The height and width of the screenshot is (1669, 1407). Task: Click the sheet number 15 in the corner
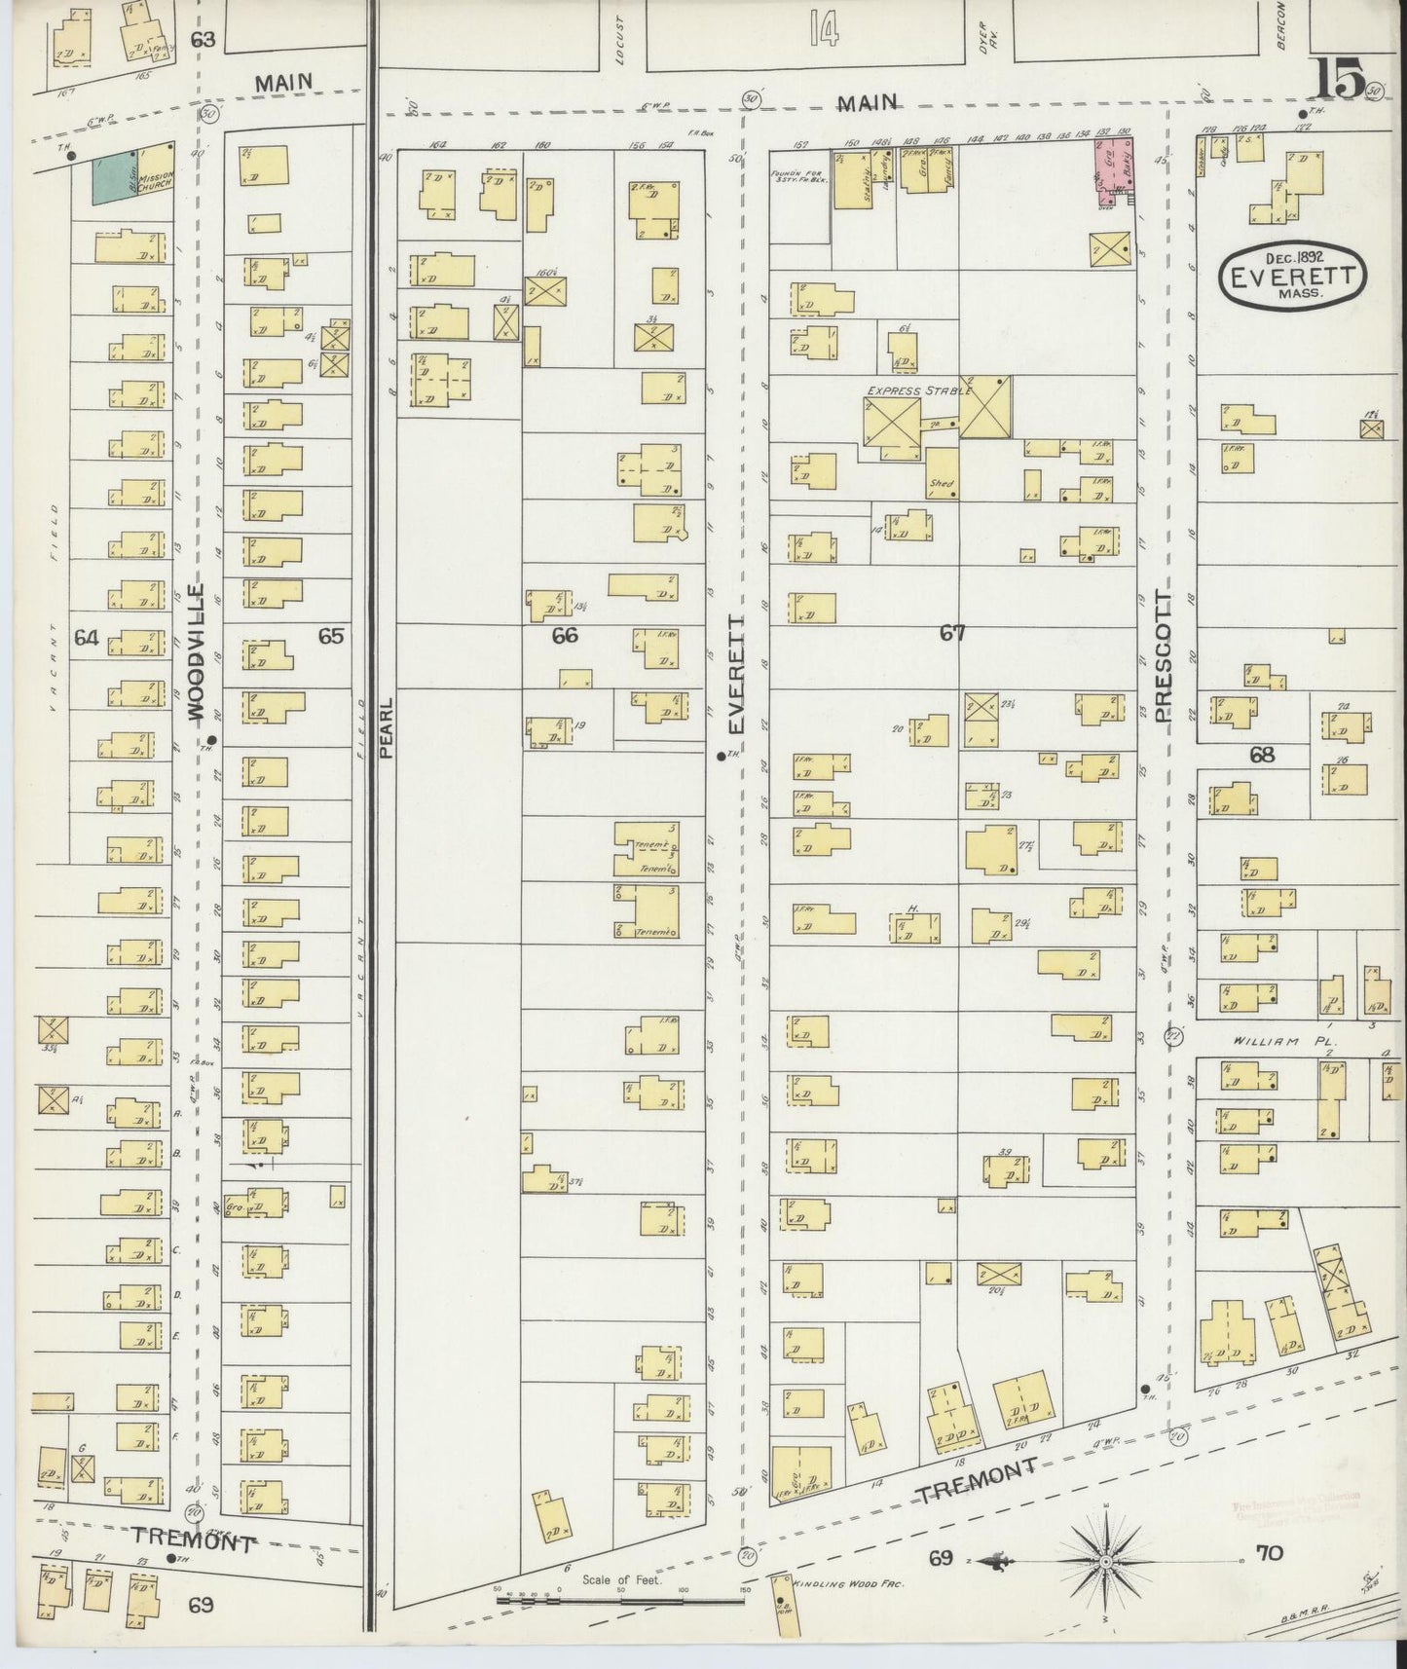pos(1340,80)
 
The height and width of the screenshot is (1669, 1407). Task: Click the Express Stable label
pos(919,390)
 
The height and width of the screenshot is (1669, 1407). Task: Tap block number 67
pos(952,633)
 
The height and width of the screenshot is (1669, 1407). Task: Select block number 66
pos(565,635)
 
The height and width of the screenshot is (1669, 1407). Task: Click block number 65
pos(331,636)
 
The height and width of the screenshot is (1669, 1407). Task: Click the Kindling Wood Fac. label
pos(850,1584)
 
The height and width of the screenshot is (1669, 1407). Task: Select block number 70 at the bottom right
pos(1270,1553)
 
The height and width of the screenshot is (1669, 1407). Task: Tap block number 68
pos(1262,755)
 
